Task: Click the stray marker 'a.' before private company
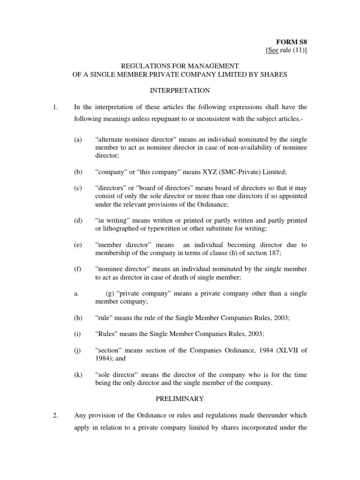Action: coord(76,293)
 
